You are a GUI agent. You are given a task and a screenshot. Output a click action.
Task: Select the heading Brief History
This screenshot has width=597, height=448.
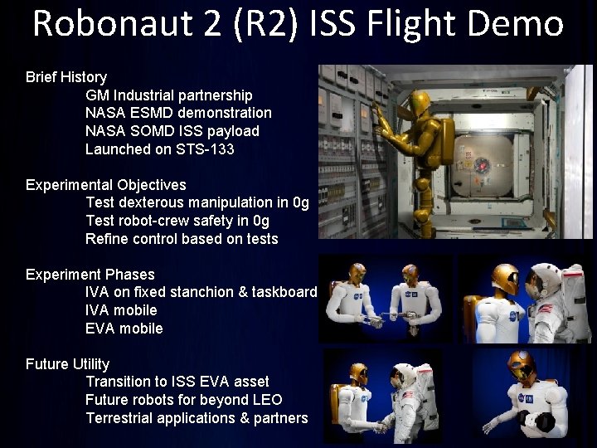(66, 77)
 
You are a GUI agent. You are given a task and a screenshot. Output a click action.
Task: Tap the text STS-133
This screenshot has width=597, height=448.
(205, 149)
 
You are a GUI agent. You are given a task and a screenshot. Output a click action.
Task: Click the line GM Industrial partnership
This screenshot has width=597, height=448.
(168, 95)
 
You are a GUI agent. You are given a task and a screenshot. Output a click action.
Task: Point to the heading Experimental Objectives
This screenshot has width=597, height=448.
(105, 185)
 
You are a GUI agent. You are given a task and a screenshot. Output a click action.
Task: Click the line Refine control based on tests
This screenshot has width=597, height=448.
(182, 239)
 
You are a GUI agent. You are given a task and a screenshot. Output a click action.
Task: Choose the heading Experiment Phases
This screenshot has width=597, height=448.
(90, 275)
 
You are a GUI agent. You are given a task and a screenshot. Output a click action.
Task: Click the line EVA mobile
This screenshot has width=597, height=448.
(124, 329)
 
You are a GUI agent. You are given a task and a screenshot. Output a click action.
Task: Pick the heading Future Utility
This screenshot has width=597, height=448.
(67, 364)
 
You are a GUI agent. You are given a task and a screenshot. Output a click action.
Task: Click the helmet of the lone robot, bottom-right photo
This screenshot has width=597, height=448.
(522, 364)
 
